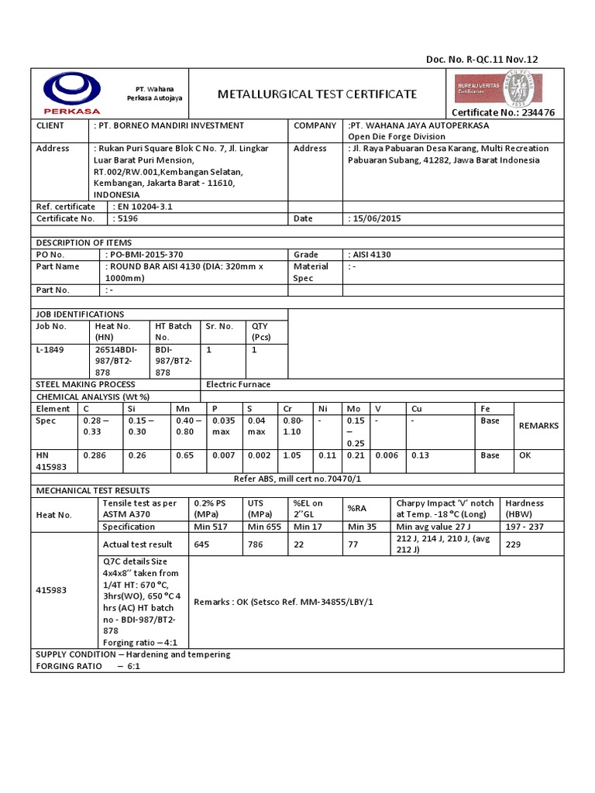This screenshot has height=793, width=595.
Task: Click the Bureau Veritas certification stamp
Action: pos(504,87)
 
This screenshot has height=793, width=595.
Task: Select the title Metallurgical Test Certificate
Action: pos(317,94)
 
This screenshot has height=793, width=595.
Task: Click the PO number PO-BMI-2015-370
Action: pos(147,254)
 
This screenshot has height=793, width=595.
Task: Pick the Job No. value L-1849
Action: pos(50,349)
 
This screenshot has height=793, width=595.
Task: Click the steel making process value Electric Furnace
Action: pos(239,384)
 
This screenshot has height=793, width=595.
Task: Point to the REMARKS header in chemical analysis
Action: pos(538,425)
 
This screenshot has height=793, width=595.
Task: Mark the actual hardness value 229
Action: pos(513,544)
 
